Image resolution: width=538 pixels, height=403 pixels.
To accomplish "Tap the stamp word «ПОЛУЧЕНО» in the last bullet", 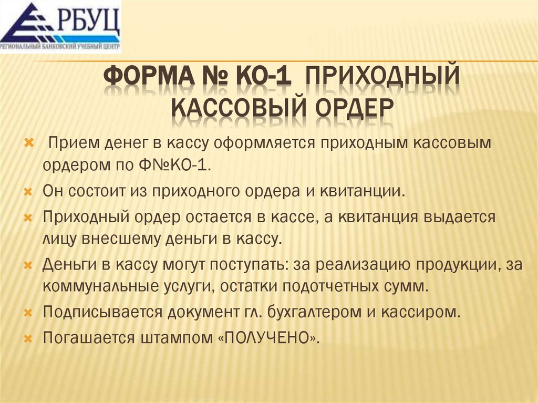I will click(x=267, y=337).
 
